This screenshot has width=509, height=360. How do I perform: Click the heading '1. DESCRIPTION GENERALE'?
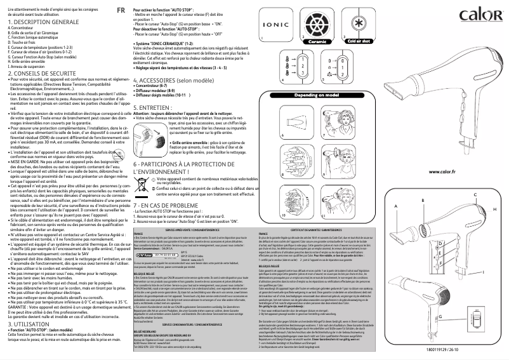(x=39, y=22)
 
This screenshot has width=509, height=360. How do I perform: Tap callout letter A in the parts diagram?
(x=395, y=189)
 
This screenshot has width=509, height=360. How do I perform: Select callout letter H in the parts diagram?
(x=494, y=191)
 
